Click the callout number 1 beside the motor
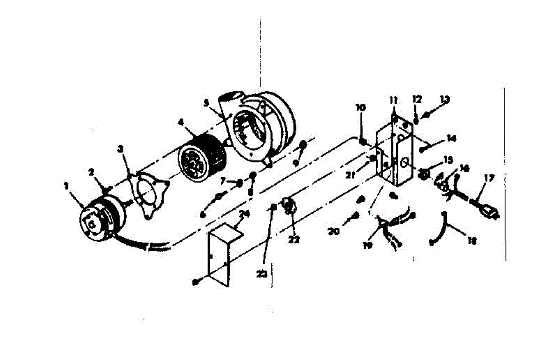coord(66,186)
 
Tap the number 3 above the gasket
coord(121,149)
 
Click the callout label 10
coord(360,108)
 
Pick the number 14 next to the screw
coord(451,138)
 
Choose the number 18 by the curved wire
coord(472,241)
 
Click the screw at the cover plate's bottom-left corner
coord(196,282)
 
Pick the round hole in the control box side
coord(405,162)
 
